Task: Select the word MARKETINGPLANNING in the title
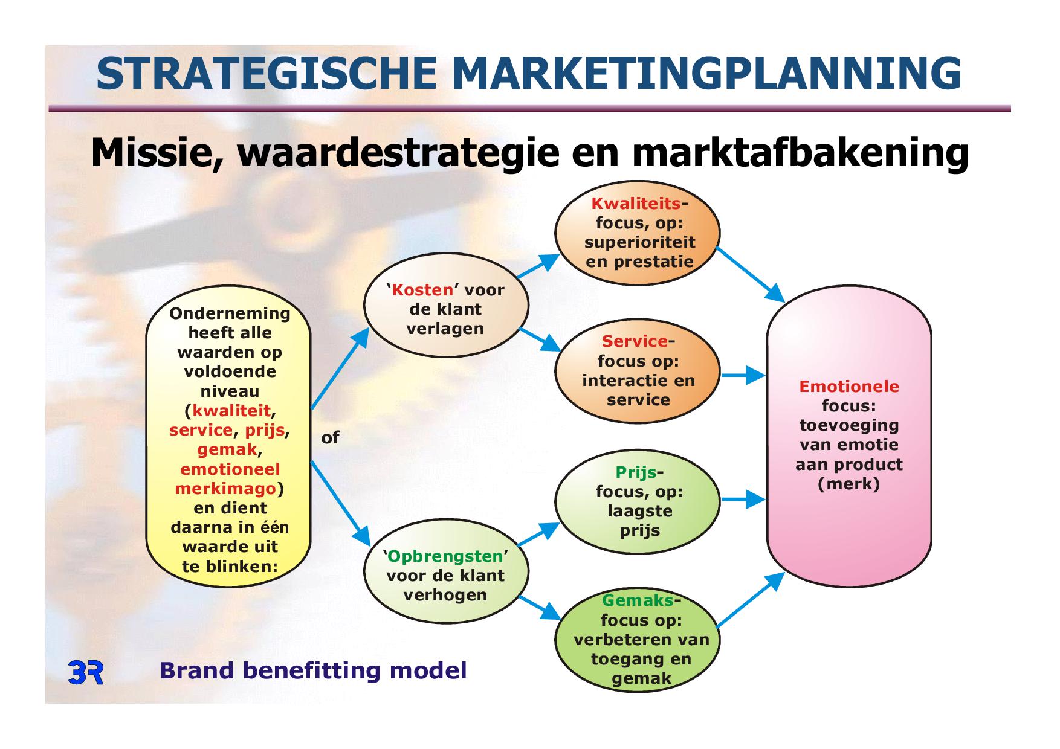706,73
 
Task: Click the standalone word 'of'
330,437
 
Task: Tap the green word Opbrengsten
445,556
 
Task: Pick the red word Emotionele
849,387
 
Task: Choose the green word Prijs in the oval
636,472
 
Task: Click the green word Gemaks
638,600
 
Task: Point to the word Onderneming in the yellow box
230,314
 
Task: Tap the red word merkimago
225,489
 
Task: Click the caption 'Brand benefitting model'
313,670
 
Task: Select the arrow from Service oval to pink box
743,375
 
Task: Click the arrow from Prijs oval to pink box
743,500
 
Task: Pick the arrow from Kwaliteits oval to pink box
750,274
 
